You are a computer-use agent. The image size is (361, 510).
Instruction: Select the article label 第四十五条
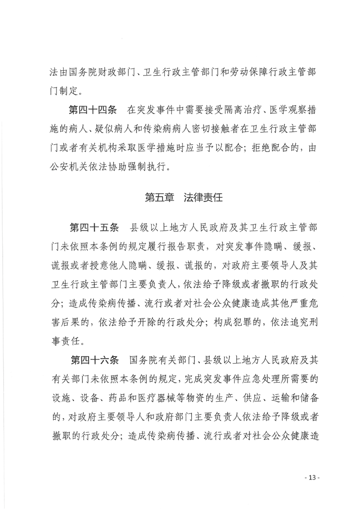tap(92, 227)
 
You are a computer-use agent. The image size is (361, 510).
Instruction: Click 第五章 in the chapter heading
tap(157, 198)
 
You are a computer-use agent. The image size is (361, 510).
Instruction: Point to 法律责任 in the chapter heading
tap(203, 198)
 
